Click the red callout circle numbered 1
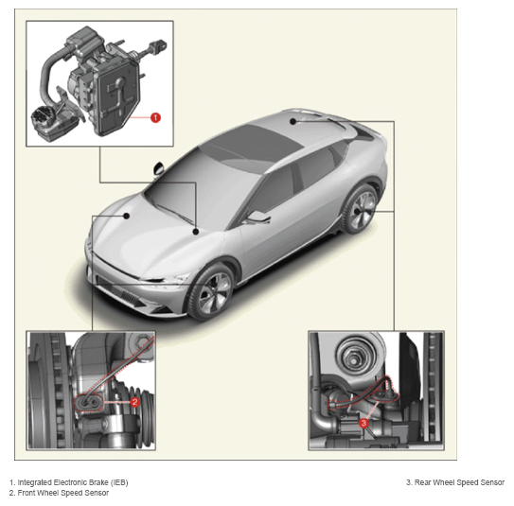click(155, 117)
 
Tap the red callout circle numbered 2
click(134, 402)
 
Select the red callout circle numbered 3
click(363, 423)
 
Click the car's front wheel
click(211, 291)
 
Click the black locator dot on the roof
click(293, 121)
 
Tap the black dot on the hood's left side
click(126, 216)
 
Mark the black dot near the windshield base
click(196, 232)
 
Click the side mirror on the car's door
click(258, 217)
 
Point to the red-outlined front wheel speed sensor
click(89, 403)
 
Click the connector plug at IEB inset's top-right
click(158, 45)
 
